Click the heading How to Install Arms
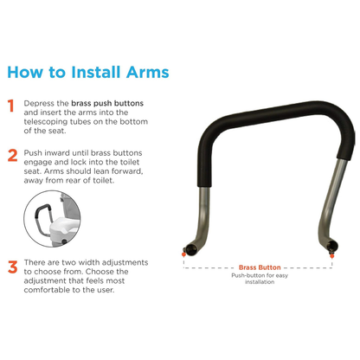point(87,70)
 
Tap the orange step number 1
point(11,106)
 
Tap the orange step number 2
point(11,156)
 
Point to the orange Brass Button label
point(258,269)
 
